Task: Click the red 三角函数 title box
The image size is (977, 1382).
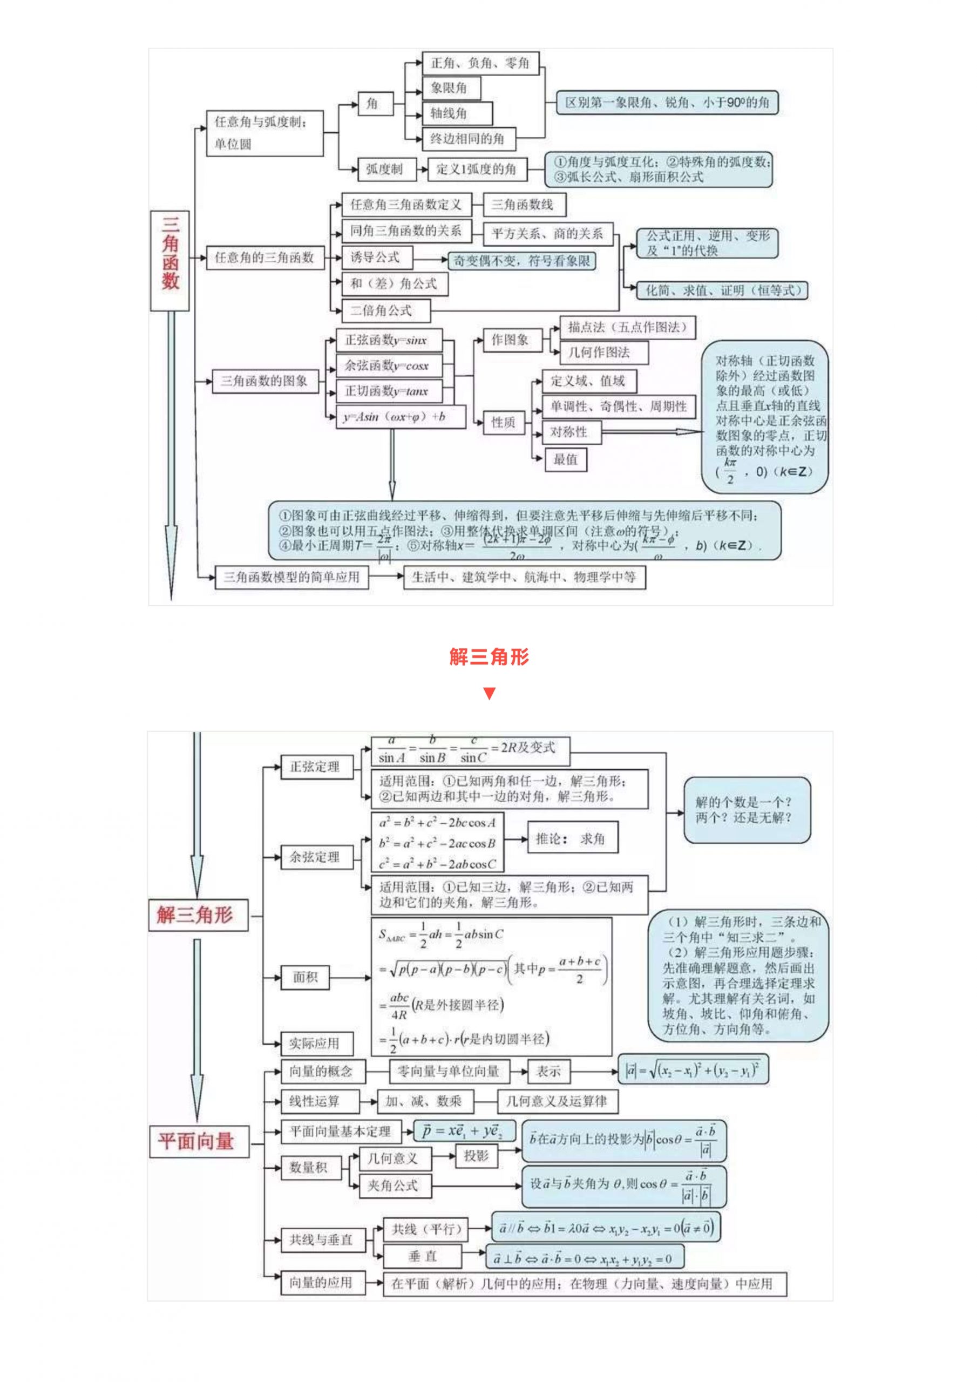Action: pos(169,260)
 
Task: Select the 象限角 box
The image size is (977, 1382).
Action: pos(451,88)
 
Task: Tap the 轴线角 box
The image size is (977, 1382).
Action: pos(457,113)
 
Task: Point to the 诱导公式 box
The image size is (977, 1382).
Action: pos(377,258)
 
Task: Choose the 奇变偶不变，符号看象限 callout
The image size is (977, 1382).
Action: pos(521,261)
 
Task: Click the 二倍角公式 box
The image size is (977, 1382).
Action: pos(386,310)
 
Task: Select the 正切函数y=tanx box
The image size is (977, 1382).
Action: pos(389,391)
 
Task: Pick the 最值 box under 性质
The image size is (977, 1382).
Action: pos(565,460)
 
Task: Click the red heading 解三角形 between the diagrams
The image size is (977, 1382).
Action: pos(489,656)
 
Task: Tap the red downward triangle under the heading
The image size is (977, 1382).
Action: pos(489,693)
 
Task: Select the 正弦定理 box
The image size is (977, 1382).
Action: pos(317,766)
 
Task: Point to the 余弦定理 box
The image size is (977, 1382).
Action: pos(317,857)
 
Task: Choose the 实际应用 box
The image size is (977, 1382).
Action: pos(317,1043)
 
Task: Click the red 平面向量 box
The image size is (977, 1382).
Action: pos(198,1142)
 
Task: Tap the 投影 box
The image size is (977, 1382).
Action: pos(476,1156)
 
